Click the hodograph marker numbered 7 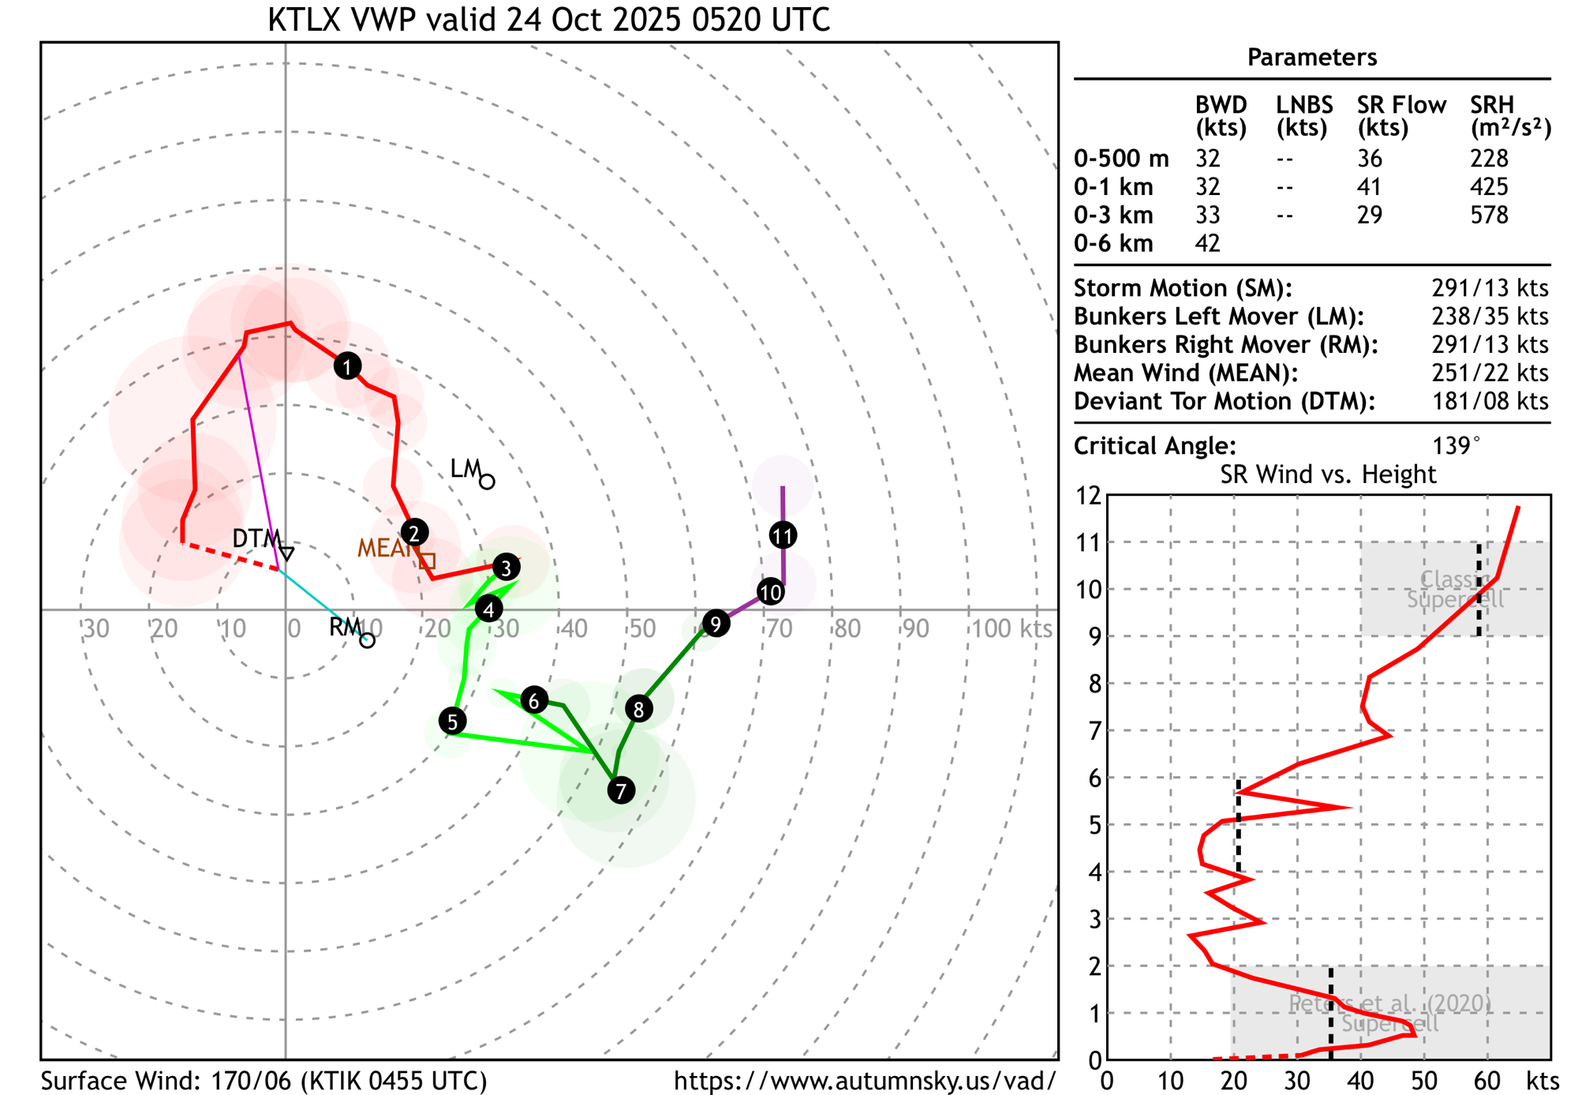[622, 790]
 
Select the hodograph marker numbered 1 [347, 366]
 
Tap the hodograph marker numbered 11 [783, 536]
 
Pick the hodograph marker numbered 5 [452, 722]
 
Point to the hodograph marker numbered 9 [716, 624]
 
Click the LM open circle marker [488, 482]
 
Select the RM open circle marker [367, 640]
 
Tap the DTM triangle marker [287, 553]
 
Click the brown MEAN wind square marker [428, 561]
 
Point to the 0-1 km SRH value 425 [1489, 187]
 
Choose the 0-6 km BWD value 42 [1207, 243]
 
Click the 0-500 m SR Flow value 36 [1369, 159]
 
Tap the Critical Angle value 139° [1456, 446]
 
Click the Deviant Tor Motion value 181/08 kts [1490, 401]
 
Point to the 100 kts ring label [1011, 629]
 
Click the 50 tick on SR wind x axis [1424, 1080]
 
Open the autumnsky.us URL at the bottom [865, 1081]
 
